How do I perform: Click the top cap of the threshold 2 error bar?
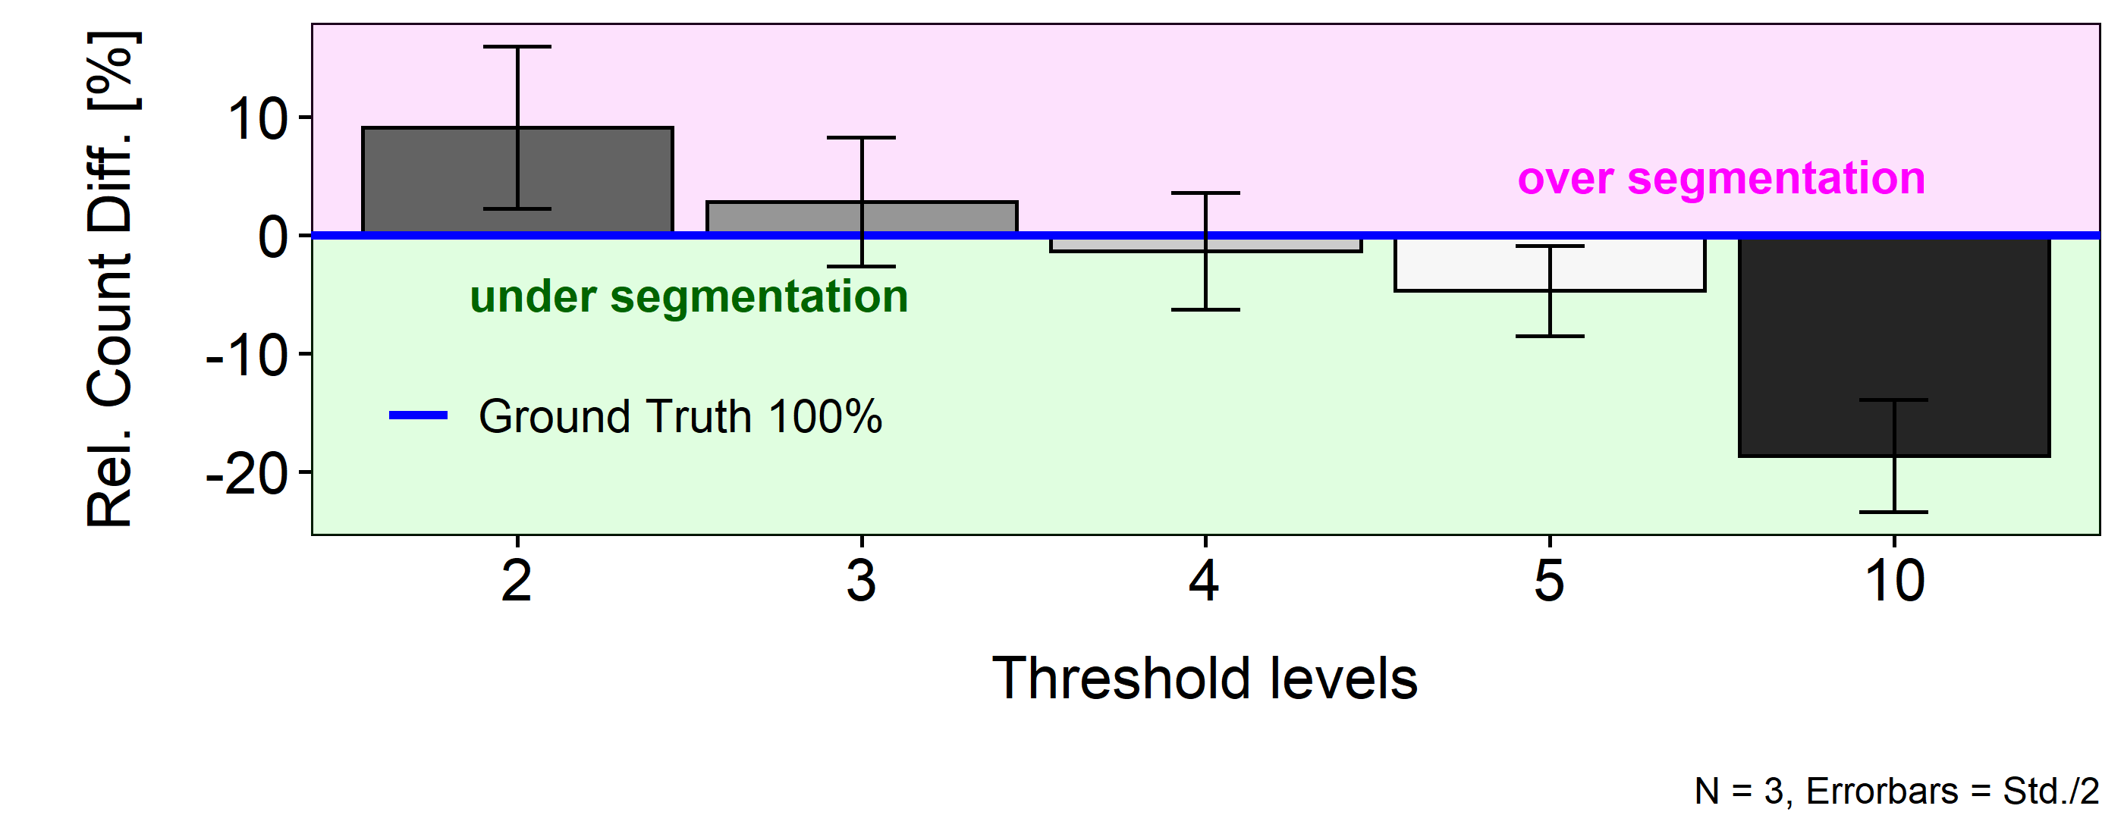click(517, 47)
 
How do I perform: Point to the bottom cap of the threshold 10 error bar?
click(1894, 512)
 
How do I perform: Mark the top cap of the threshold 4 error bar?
click(1205, 193)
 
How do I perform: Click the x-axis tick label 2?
click(517, 581)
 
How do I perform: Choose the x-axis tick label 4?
click(1205, 581)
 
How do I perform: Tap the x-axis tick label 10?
click(1894, 581)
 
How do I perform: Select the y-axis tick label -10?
click(247, 356)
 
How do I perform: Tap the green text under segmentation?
click(689, 296)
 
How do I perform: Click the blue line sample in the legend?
click(418, 415)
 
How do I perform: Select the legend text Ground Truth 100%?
click(680, 416)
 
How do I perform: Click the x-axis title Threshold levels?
click(1205, 679)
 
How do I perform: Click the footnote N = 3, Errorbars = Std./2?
click(1896, 791)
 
